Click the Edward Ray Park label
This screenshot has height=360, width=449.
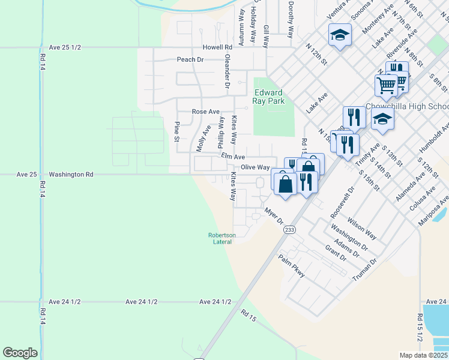pyautogui.click(x=268, y=97)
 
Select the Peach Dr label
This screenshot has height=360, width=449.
pyautogui.click(x=190, y=59)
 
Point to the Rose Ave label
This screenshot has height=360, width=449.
pyautogui.click(x=205, y=112)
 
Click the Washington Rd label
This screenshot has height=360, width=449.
pyautogui.click(x=71, y=175)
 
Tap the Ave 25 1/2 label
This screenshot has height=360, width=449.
pyautogui.click(x=65, y=47)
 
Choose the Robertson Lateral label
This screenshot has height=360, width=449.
pyautogui.click(x=222, y=238)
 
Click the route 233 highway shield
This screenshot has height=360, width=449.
pyautogui.click(x=290, y=230)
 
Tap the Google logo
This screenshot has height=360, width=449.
pyautogui.click(x=20, y=353)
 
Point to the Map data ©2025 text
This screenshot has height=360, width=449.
pyautogui.click(x=424, y=355)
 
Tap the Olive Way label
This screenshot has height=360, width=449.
pyautogui.click(x=255, y=167)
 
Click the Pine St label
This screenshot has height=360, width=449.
pyautogui.click(x=177, y=131)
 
